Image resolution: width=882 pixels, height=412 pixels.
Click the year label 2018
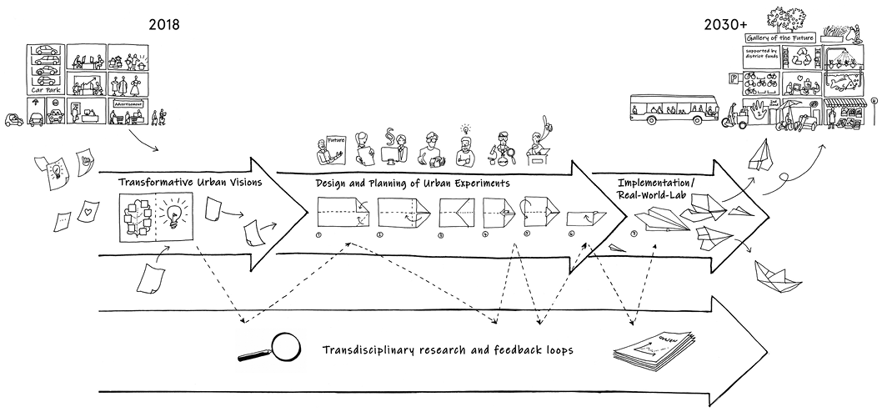[164, 24]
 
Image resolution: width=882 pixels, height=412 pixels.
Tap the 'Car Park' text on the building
[47, 87]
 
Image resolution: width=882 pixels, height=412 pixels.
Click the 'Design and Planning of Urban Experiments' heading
[413, 183]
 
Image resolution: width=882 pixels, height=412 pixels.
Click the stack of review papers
[655, 351]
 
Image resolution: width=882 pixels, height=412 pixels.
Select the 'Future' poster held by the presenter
[335, 142]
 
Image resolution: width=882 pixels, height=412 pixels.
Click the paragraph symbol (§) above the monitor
[388, 136]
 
